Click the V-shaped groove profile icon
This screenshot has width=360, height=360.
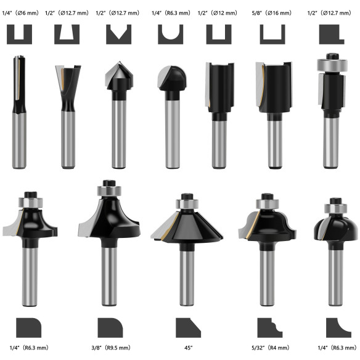tap(118, 34)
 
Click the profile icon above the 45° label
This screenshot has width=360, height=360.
tap(188, 327)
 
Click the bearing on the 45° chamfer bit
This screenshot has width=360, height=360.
tap(185, 205)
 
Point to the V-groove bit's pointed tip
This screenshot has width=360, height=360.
tap(118, 64)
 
